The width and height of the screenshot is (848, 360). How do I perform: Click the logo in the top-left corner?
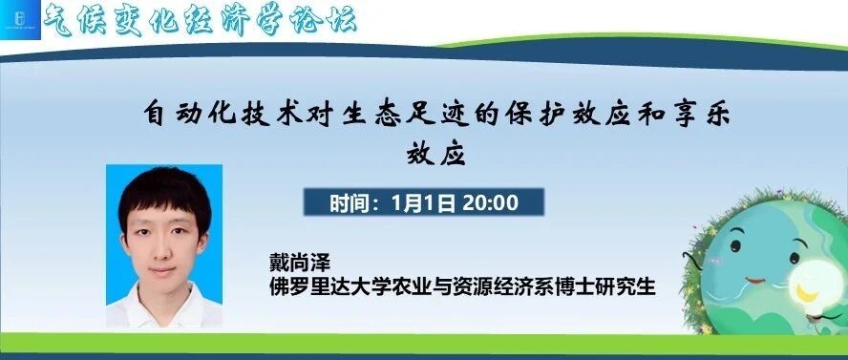tap(20, 19)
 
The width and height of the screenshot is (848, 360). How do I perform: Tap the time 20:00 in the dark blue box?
tap(491, 202)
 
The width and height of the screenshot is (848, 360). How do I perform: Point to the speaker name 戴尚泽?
tap(300, 264)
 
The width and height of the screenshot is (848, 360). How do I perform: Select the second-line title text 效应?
tap(435, 154)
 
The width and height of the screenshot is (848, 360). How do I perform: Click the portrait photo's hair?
tap(164, 196)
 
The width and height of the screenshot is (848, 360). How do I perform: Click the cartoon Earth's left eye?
tap(735, 246)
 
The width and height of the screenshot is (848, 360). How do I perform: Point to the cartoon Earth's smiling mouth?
tap(756, 280)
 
